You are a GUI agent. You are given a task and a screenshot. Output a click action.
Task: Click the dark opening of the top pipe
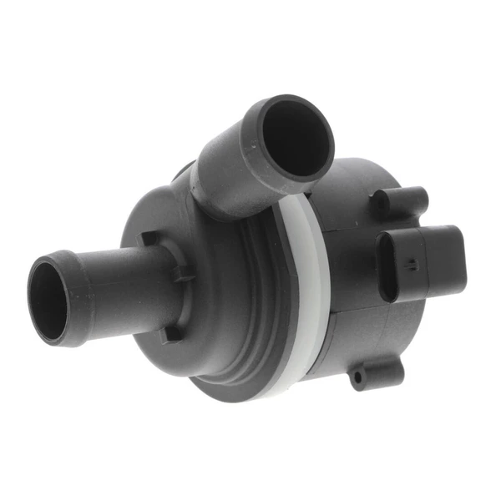pyautogui.click(x=291, y=139)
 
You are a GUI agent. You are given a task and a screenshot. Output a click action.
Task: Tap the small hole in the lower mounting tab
pyautogui.click(x=358, y=380)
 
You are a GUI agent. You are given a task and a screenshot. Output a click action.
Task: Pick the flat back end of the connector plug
pyautogui.click(x=455, y=259)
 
